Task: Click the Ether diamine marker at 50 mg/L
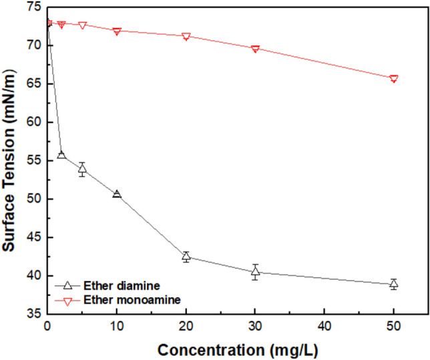394,284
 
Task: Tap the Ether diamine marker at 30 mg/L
255,272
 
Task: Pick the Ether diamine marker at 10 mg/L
117,194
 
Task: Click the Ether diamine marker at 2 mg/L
61,155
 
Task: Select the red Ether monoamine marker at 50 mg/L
394,79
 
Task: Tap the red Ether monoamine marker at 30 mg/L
255,49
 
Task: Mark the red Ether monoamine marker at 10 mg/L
117,31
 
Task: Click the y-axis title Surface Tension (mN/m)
9,160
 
